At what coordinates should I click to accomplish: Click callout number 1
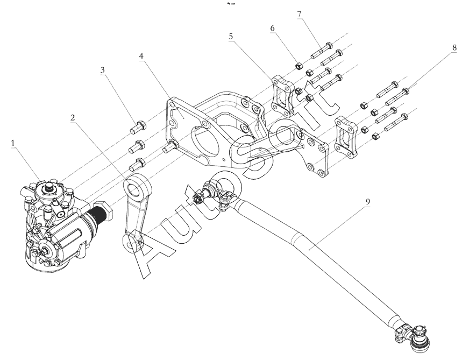13,143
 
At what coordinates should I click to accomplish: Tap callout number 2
73,118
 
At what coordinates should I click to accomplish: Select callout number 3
102,70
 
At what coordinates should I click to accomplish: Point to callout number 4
142,56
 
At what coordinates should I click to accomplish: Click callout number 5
231,36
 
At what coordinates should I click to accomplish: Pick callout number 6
272,28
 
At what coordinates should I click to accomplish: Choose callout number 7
300,14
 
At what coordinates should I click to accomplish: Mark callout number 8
454,47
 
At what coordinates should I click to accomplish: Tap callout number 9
367,202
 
